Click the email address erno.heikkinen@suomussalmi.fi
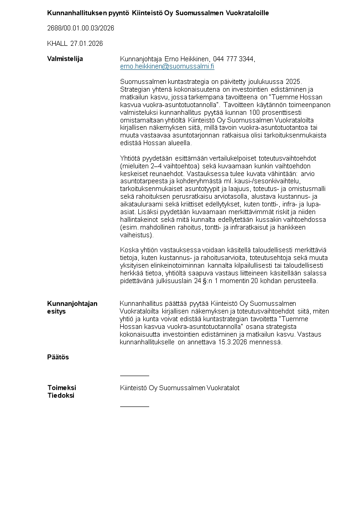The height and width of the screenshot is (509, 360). [x=167, y=66]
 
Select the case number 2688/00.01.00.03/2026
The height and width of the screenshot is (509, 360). [x=81, y=28]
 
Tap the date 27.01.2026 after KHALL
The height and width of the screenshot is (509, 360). [x=87, y=44]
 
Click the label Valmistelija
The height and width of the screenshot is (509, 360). [x=65, y=59]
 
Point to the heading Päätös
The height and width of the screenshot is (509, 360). [x=58, y=357]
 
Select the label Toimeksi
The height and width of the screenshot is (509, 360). [x=62, y=388]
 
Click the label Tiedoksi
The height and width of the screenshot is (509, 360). [x=61, y=396]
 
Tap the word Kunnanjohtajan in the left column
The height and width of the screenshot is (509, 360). [x=72, y=303]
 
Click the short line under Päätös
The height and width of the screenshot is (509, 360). [x=134, y=376]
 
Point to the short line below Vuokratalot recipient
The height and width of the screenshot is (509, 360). [x=134, y=406]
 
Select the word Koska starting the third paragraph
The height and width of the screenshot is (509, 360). [x=128, y=250]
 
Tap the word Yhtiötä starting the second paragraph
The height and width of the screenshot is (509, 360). [x=131, y=158]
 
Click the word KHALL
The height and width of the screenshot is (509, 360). [x=57, y=44]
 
